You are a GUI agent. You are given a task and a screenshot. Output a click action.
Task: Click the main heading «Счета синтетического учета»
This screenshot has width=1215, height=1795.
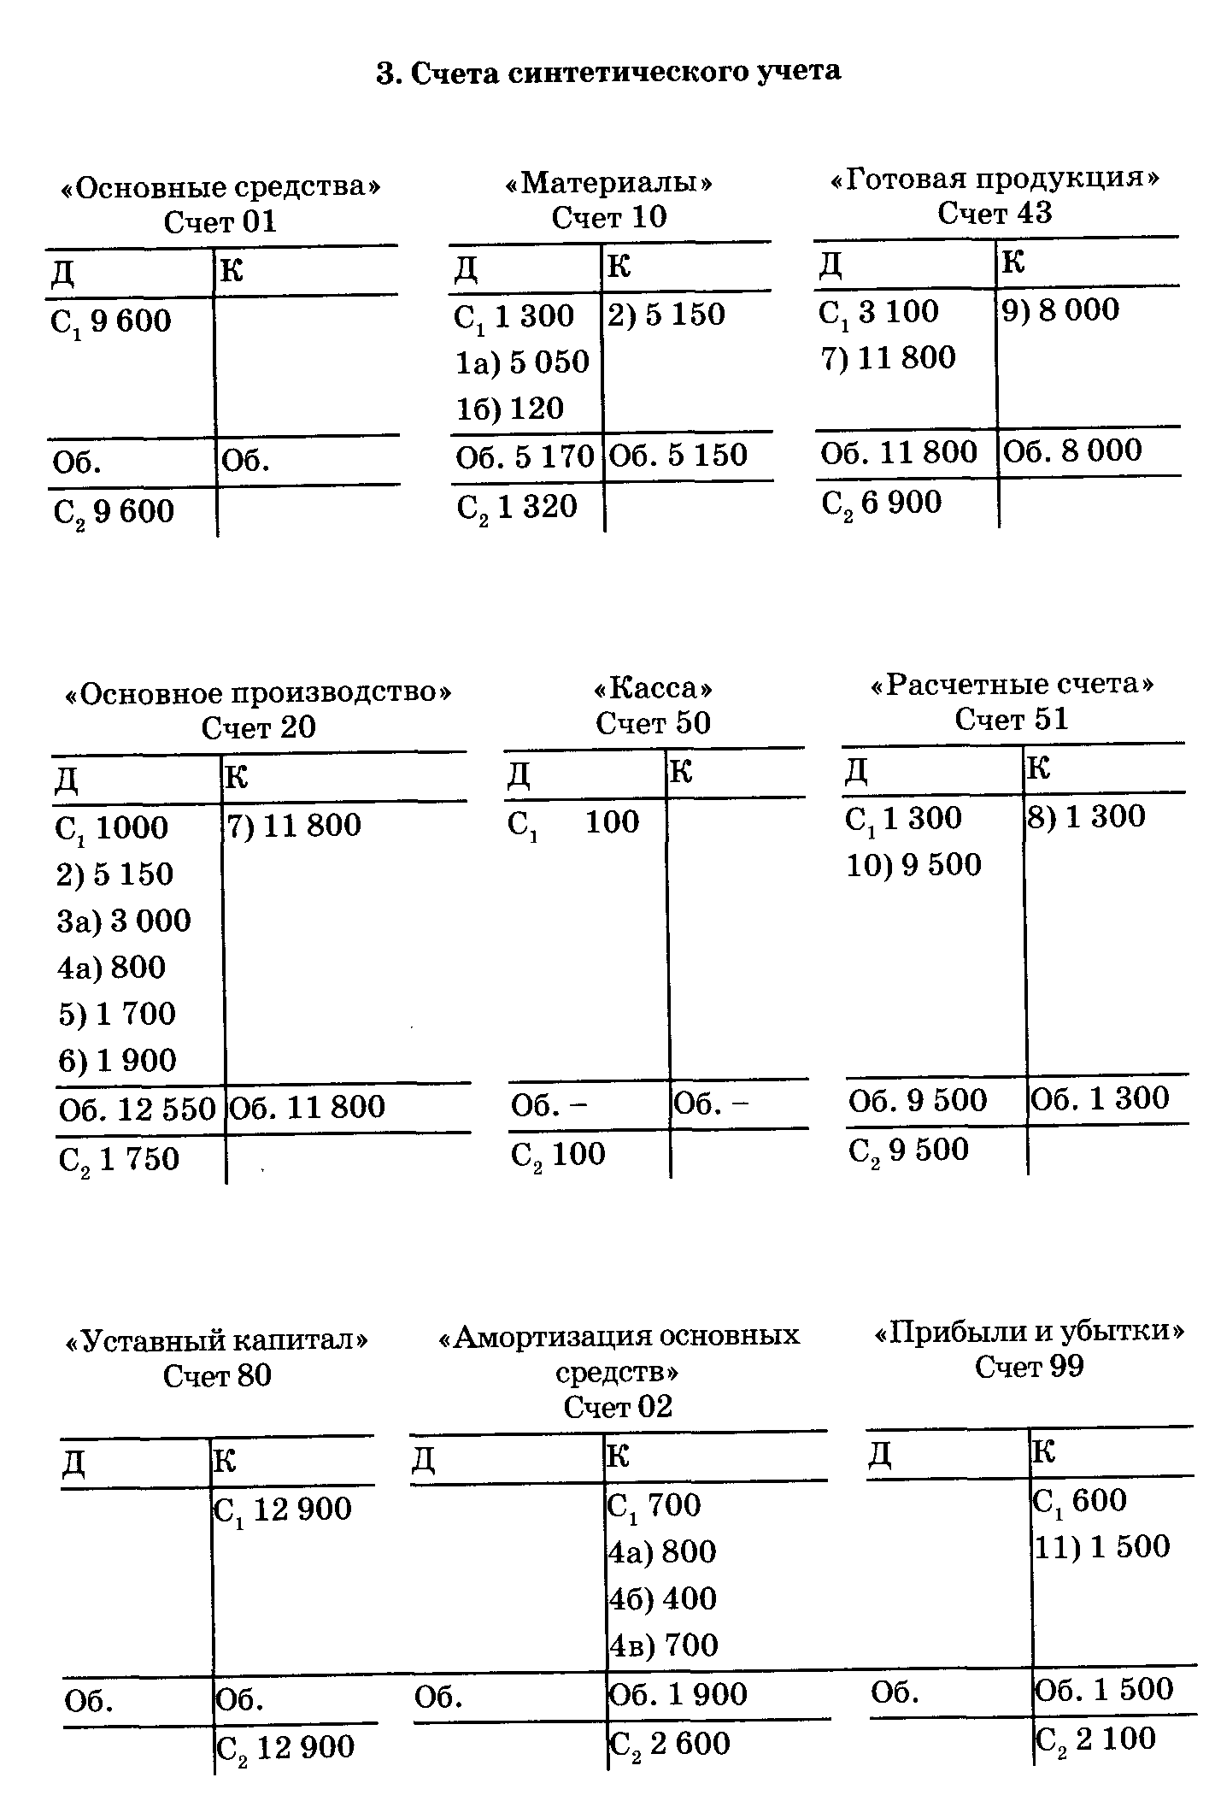point(608,72)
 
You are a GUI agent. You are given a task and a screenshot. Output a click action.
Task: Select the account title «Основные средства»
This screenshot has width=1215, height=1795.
point(220,186)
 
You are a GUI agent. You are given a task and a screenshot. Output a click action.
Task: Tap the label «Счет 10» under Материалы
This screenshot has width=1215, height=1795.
point(608,217)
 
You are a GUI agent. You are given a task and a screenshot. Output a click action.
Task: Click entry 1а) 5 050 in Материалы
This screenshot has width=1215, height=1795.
point(522,362)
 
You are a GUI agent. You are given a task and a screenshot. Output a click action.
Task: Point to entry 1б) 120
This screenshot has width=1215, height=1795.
point(510,409)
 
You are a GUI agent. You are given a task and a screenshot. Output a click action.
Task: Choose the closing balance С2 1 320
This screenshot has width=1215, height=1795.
point(517,508)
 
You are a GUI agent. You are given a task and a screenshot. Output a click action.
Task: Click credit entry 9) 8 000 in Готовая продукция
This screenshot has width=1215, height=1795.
point(1060,310)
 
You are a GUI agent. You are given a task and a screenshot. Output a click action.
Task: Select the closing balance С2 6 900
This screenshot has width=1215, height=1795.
point(882,503)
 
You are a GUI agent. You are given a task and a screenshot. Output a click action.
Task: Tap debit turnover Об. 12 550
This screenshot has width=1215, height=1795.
point(137,1109)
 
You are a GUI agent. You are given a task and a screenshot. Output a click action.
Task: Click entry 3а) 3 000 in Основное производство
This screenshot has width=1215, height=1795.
point(124,921)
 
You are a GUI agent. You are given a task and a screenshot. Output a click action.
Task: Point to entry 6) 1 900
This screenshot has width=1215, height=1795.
point(117,1061)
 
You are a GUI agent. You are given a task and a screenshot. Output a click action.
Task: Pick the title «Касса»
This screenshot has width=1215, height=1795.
point(653,689)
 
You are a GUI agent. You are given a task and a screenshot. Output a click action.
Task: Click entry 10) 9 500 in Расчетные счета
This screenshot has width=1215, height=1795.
point(914,865)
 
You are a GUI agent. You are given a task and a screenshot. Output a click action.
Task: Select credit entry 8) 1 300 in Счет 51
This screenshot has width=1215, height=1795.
point(1085,817)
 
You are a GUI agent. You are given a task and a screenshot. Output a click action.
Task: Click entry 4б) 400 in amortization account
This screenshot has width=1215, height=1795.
point(662,1598)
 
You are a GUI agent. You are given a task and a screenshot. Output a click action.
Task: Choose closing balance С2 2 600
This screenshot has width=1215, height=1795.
point(669,1744)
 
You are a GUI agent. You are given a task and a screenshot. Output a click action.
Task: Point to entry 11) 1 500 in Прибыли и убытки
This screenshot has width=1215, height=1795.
point(1102,1546)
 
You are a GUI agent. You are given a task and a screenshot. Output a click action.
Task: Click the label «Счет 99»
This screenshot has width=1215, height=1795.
point(1029,1367)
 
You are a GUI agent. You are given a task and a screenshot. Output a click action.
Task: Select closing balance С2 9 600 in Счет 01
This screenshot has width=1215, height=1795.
point(114,513)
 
